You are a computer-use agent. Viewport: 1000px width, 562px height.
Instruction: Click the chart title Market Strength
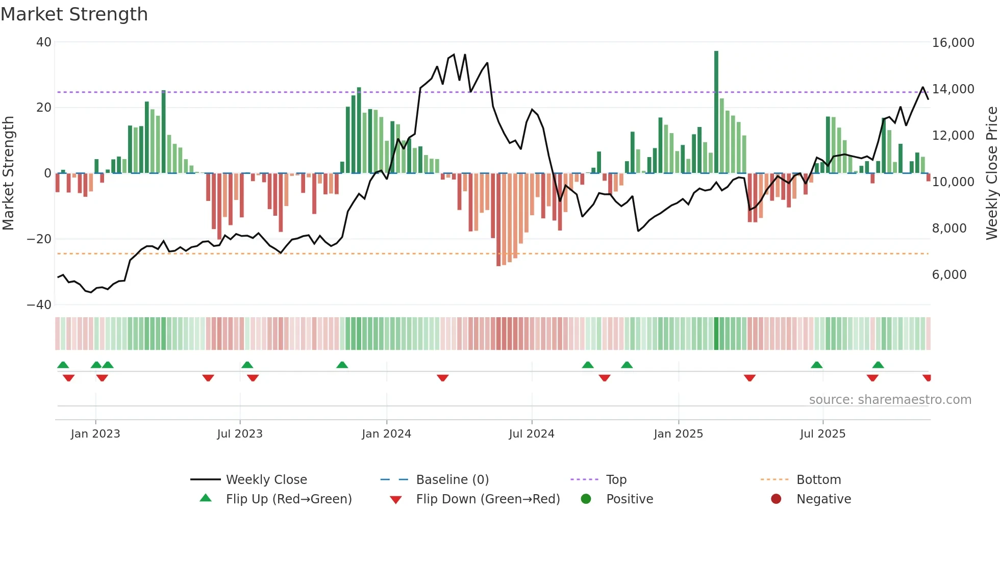(x=74, y=14)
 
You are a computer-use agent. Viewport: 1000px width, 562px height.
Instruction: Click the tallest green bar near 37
(x=716, y=112)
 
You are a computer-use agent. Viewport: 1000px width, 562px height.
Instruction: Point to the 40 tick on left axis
(x=44, y=42)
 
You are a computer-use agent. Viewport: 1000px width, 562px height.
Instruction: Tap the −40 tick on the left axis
(x=39, y=305)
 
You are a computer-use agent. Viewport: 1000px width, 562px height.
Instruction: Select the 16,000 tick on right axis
(x=953, y=43)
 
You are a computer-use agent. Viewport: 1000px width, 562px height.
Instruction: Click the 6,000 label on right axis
(x=949, y=275)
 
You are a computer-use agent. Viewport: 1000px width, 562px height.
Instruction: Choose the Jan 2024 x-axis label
(x=386, y=434)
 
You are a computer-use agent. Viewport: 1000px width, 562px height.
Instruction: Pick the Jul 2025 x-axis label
(x=822, y=434)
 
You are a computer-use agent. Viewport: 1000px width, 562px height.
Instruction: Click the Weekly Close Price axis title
(x=991, y=173)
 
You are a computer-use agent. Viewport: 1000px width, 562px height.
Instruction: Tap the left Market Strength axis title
(x=9, y=173)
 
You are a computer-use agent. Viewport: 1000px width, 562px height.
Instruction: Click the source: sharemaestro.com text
(x=890, y=400)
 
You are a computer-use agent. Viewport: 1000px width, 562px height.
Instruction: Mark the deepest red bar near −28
(x=498, y=219)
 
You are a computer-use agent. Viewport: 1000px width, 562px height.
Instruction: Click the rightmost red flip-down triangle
(x=927, y=378)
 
